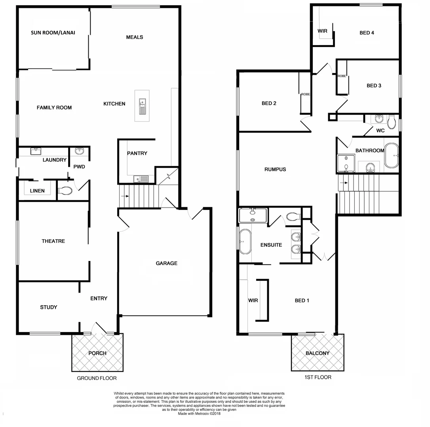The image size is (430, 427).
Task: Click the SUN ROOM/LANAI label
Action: [x=53, y=33]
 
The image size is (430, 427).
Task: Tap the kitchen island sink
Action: [x=142, y=106]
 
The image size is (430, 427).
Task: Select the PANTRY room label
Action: [x=137, y=153]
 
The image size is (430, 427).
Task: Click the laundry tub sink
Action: [x=36, y=151]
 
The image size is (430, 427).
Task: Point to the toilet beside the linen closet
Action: [x=65, y=191]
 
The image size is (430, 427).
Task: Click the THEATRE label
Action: [x=53, y=241]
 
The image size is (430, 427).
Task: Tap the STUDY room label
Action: [x=48, y=307]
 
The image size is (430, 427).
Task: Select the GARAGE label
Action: [x=166, y=263]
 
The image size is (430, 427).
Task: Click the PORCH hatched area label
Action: [x=97, y=353]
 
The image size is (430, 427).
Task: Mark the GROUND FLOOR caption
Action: [x=97, y=378]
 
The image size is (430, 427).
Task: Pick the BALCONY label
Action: [x=317, y=353]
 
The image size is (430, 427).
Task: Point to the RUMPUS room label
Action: [x=275, y=170]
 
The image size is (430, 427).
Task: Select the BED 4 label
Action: [x=367, y=33]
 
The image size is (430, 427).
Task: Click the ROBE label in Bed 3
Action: [x=342, y=76]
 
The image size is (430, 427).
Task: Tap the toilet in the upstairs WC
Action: [x=391, y=122]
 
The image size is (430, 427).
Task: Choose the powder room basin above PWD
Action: [x=79, y=151]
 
